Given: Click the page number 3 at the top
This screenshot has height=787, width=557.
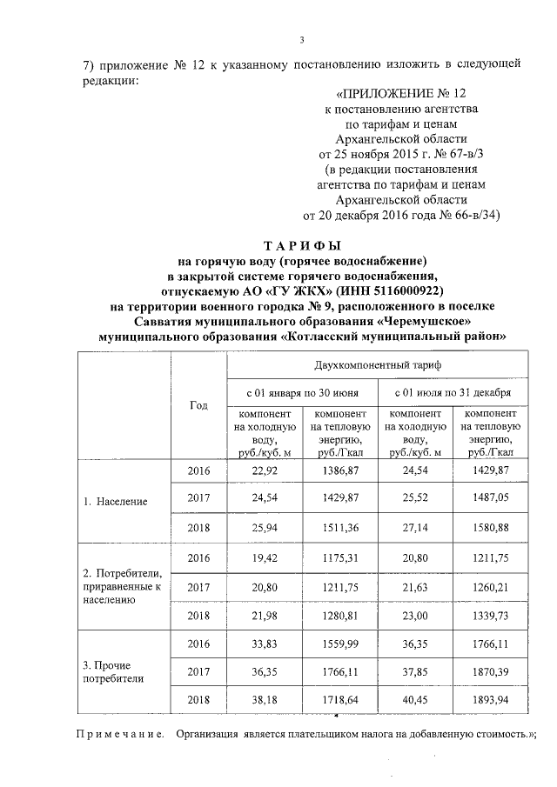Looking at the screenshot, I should (302, 39).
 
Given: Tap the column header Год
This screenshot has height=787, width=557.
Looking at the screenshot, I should (198, 405).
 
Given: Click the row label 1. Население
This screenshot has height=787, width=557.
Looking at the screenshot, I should (115, 502).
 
